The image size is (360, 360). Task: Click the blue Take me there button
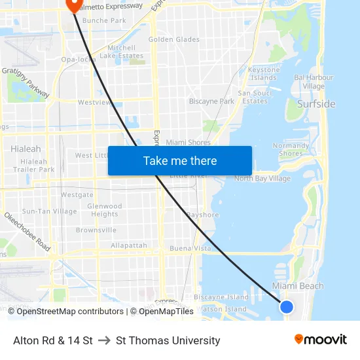[180, 161]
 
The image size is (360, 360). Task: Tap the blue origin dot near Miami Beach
[286, 306]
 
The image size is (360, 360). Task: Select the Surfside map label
[316, 104]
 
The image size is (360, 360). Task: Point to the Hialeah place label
[26, 149]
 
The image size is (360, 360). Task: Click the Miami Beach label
[298, 286]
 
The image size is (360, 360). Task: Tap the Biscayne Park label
[211, 101]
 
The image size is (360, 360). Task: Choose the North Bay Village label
[262, 179]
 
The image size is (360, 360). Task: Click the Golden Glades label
[174, 39]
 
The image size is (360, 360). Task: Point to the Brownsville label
[96, 230]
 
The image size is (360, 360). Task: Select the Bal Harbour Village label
[314, 82]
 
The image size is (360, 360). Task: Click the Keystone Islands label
[264, 73]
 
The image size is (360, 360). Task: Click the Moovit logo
[320, 339]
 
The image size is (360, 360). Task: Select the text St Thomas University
[168, 340]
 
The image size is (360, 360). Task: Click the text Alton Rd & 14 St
[53, 340]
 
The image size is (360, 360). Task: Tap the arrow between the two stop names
[104, 340]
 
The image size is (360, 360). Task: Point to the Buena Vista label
[189, 249]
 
